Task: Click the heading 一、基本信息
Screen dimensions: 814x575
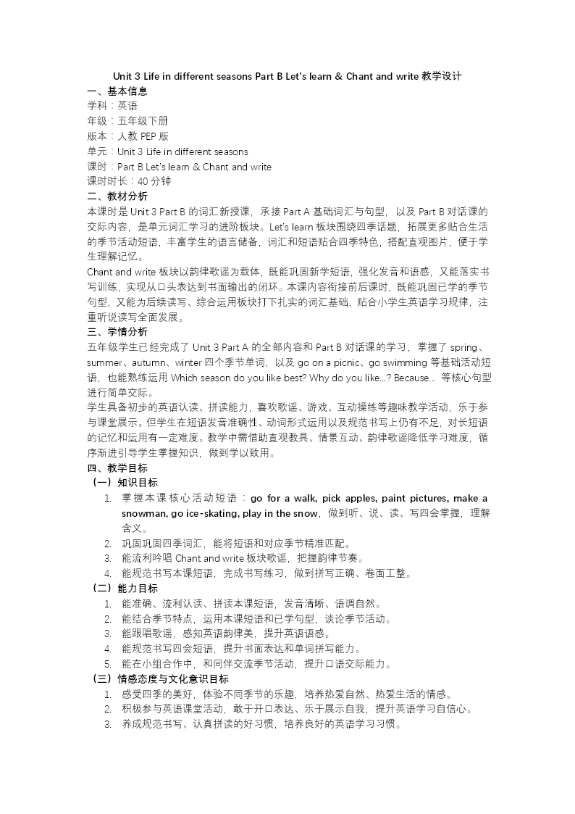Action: [117, 91]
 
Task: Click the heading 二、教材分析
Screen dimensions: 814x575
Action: [117, 196]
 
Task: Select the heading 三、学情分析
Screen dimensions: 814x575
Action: [117, 332]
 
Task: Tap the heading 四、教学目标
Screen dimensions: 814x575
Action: [117, 468]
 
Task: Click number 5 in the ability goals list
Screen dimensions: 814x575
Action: [107, 664]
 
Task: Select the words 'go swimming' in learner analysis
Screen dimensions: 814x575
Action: [394, 362]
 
